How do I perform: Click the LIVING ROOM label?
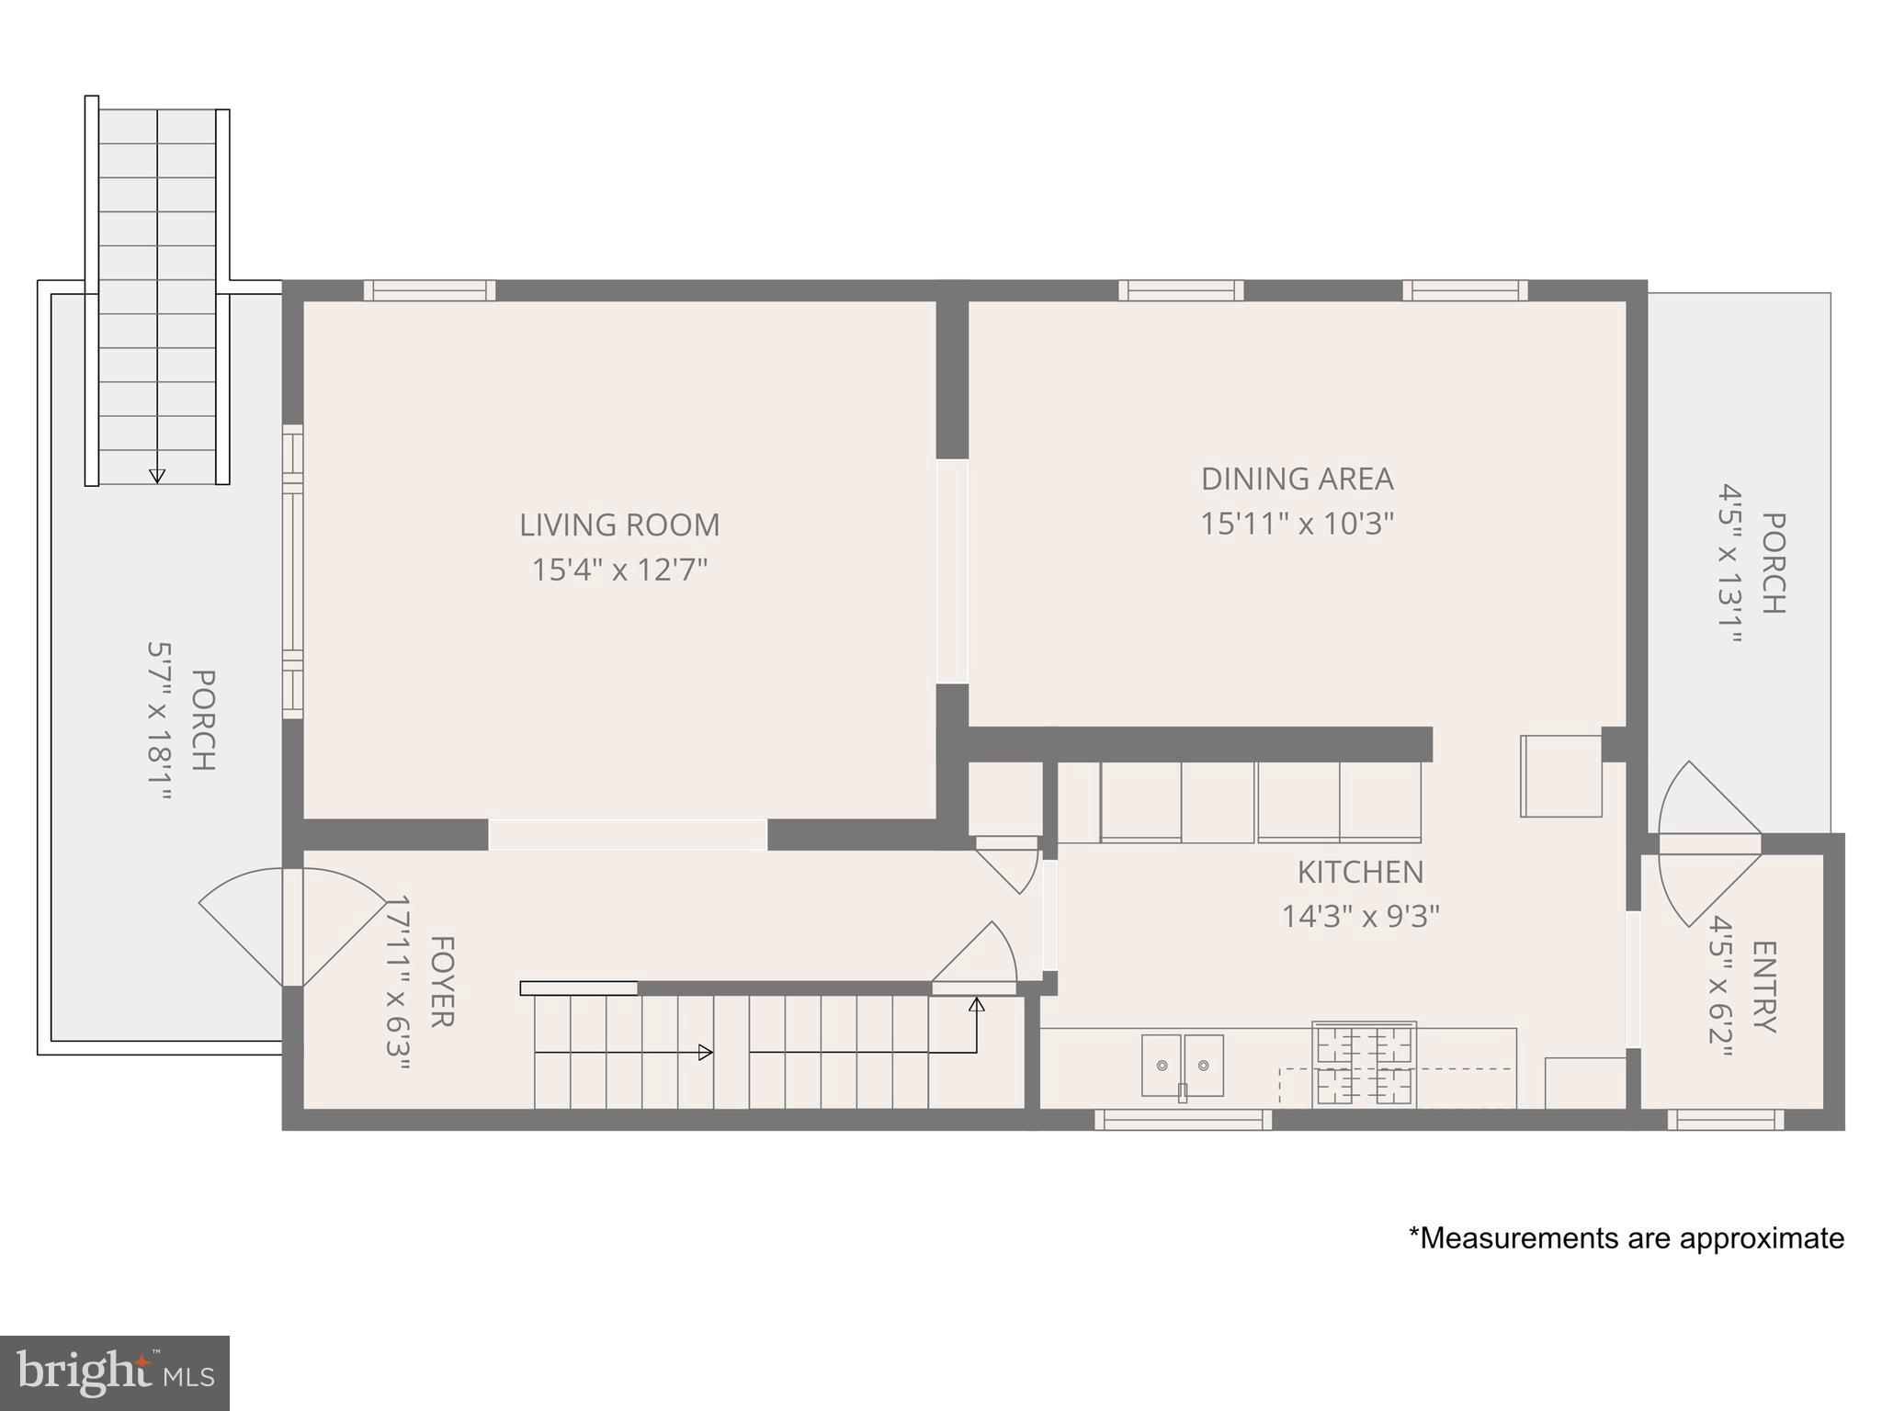619,525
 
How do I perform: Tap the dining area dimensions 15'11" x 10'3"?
1297,524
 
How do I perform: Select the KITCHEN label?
1360,871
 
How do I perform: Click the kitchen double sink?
1183,1065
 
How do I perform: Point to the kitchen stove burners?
1364,1065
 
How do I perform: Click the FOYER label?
442,981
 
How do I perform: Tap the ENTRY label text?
1764,987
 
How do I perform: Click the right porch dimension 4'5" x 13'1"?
1730,563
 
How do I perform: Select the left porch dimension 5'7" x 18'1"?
159,720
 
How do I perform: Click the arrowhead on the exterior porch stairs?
157,476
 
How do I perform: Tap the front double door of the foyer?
292,927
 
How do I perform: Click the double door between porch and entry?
1710,843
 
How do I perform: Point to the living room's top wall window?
429,290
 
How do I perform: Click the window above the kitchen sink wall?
1183,1119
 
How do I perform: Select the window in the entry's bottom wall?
1726,1119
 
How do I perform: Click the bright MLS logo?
114,1373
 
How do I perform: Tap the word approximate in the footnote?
1762,1238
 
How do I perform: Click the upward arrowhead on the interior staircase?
977,1005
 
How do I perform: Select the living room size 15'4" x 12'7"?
619,570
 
